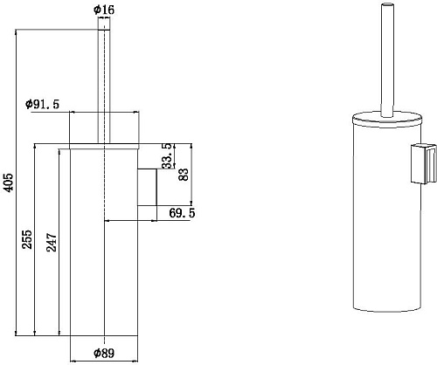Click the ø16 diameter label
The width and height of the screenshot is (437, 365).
pyautogui.click(x=104, y=10)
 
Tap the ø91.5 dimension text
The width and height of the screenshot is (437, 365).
pyautogui.click(x=43, y=104)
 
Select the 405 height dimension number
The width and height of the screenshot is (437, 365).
pyautogui.click(x=9, y=182)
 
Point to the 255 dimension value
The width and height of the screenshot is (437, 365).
pyautogui.click(x=27, y=239)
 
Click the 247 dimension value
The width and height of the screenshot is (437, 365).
pyautogui.click(x=52, y=242)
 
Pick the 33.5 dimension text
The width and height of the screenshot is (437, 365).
pyautogui.click(x=168, y=156)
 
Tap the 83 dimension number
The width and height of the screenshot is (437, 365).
pyautogui.click(x=184, y=175)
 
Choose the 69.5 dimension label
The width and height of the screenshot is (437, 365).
pyautogui.click(x=182, y=213)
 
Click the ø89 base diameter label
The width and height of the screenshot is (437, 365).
pyautogui.click(x=104, y=354)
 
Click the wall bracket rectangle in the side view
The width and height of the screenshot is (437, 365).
pyautogui.click(x=147, y=187)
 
